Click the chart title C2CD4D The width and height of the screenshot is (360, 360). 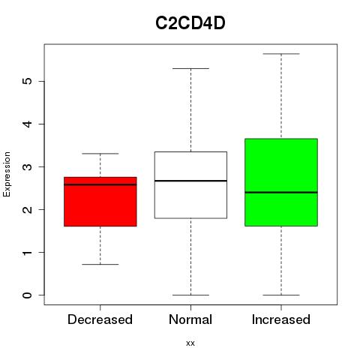coord(190,23)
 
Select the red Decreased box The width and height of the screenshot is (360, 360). coord(100,202)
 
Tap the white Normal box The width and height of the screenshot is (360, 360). coord(190,185)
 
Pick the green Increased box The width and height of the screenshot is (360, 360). coord(281,182)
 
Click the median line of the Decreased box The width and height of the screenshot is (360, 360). coord(100,184)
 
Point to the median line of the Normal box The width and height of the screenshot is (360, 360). coord(190,181)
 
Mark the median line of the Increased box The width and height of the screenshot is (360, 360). coord(281,192)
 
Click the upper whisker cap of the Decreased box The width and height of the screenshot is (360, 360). coord(100,154)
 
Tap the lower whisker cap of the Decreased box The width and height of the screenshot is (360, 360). coord(100,264)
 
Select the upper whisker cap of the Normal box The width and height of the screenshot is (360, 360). coord(190,68)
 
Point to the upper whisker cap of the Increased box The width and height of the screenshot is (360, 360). coord(281,54)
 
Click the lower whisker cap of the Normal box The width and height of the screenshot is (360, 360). coord(190,295)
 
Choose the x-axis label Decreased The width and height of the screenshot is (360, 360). coord(100,319)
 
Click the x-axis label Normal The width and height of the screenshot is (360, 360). coord(190,319)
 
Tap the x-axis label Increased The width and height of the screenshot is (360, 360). coord(281,319)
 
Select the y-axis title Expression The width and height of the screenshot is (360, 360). coord(7,174)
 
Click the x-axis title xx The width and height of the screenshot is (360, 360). coord(190,343)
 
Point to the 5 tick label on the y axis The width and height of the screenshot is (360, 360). coord(28,81)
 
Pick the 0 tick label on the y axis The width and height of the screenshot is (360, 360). coord(28,295)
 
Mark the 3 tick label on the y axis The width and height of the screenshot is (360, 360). coord(28,166)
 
